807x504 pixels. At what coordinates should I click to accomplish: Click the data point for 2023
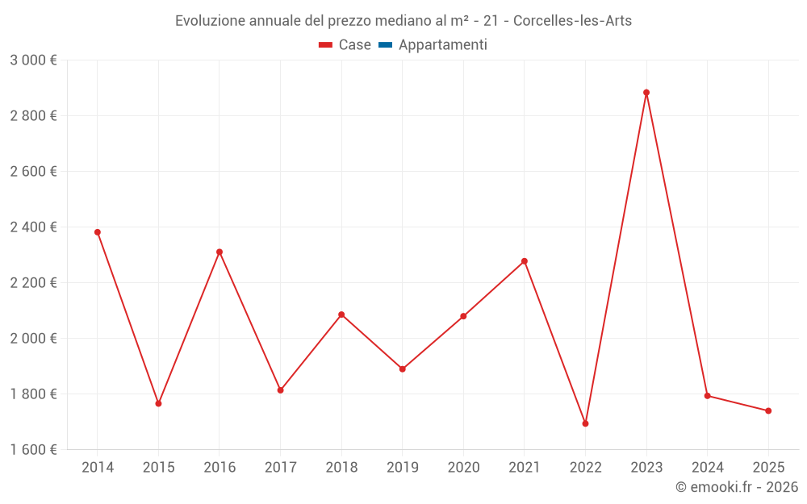click(x=646, y=93)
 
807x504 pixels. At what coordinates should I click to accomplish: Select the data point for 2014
click(x=98, y=232)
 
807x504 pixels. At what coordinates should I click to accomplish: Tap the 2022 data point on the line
click(x=585, y=423)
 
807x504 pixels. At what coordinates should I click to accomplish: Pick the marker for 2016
click(x=220, y=252)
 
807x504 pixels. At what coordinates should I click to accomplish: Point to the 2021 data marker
click(x=525, y=261)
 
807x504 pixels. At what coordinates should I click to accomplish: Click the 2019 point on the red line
click(x=403, y=369)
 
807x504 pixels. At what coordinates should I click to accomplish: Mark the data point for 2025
click(x=768, y=411)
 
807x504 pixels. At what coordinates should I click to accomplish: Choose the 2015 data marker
click(x=158, y=403)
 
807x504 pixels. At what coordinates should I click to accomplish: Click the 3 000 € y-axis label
click(x=33, y=60)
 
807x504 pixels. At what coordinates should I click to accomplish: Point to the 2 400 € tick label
click(x=33, y=227)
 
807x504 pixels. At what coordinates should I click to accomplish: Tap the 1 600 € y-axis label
click(x=33, y=450)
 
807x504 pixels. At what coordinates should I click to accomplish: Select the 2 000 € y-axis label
click(x=33, y=339)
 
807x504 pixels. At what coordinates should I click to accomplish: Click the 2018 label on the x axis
click(x=341, y=468)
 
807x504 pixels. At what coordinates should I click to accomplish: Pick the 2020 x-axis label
click(x=463, y=468)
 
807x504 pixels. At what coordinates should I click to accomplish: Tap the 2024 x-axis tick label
click(x=707, y=468)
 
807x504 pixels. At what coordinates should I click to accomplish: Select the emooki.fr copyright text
click(x=737, y=487)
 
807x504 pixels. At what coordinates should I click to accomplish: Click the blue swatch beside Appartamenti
click(x=385, y=45)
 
